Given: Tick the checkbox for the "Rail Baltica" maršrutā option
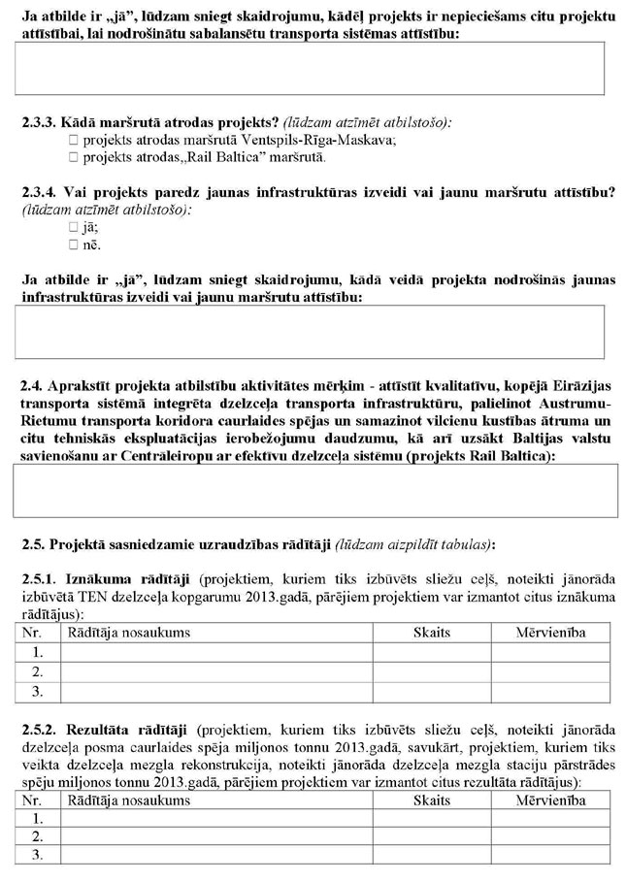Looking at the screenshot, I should click(74, 156).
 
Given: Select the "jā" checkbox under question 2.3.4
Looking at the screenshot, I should click(74, 228).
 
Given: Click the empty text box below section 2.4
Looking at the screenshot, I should click(314, 490).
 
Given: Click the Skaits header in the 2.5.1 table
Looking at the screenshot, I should click(432, 633).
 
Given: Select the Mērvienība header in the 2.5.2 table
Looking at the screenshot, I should click(550, 801).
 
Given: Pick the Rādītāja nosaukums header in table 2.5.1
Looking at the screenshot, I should click(127, 633).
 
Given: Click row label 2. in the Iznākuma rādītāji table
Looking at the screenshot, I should click(38, 671).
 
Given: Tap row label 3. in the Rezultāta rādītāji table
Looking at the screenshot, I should click(38, 855).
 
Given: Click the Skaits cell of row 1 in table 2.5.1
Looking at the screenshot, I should click(432, 652).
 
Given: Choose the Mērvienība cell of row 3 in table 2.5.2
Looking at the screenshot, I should click(550, 855).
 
